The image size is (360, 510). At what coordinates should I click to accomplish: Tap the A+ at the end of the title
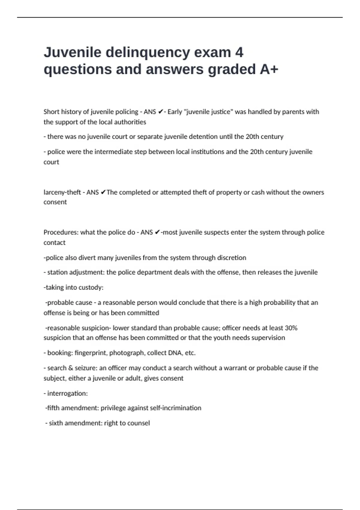click(269, 69)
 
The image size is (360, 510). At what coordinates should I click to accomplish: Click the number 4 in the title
click(239, 52)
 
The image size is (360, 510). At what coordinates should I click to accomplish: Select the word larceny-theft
click(62, 192)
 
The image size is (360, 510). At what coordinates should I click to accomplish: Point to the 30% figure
click(291, 328)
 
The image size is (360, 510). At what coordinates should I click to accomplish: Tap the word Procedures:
click(61, 232)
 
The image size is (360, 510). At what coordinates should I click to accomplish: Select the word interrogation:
click(67, 393)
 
